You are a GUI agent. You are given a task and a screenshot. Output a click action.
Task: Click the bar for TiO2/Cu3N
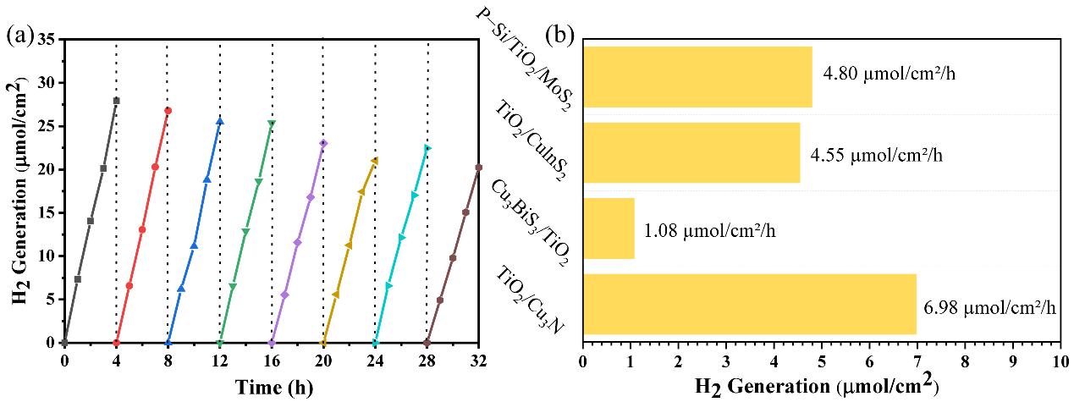(x=749, y=304)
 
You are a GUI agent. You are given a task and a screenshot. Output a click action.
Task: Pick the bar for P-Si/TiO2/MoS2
(x=697, y=77)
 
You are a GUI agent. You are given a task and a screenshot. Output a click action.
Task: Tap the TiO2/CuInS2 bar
(x=691, y=152)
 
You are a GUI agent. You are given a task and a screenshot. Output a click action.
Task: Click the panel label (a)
(x=19, y=36)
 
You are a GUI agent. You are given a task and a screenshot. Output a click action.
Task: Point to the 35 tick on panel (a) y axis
(x=47, y=40)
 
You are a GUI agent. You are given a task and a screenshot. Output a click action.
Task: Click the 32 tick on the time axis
(x=478, y=360)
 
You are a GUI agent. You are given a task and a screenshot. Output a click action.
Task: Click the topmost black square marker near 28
(x=116, y=101)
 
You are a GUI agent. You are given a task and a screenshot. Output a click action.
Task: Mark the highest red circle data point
(x=168, y=111)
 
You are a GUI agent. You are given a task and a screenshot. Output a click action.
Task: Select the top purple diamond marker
(x=323, y=143)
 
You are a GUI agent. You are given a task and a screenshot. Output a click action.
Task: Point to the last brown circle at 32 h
(x=478, y=168)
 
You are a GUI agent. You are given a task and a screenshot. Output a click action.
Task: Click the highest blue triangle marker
(x=219, y=121)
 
